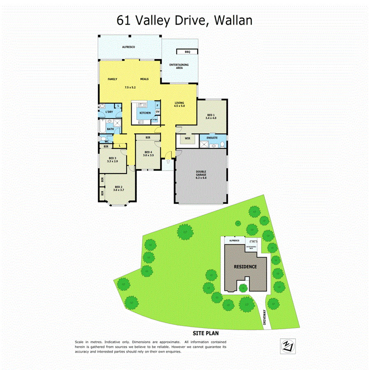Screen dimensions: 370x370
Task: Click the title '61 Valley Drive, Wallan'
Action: (185, 20)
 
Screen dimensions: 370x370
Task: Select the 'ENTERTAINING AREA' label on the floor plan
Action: (179, 66)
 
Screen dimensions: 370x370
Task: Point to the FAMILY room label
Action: (113, 79)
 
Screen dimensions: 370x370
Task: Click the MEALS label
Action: (144, 79)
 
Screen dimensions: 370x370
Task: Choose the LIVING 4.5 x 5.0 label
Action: (180, 104)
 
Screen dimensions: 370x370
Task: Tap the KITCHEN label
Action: (145, 113)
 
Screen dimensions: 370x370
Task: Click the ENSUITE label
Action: (212, 138)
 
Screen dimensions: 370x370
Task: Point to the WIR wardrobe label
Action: (187, 139)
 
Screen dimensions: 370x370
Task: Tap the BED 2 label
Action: (119, 187)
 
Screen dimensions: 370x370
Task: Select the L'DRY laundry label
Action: (109, 112)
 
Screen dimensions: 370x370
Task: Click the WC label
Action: (106, 141)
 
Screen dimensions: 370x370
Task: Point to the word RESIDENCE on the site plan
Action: (245, 266)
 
